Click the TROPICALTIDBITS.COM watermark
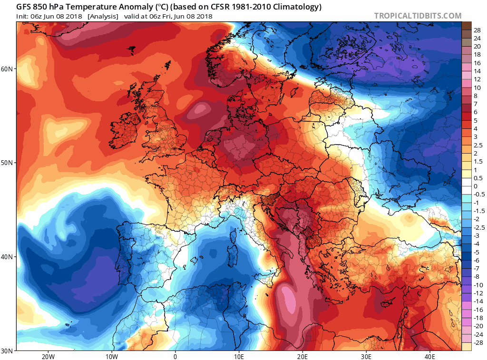pyautogui.click(x=418, y=16)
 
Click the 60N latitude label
pyautogui.click(x=8, y=69)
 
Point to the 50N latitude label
pyautogui.click(x=8, y=163)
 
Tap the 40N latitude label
pyautogui.click(x=8, y=257)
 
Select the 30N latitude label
pyautogui.click(x=8, y=350)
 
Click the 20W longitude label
pyautogui.click(x=48, y=356)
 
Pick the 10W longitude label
pyautogui.click(x=111, y=356)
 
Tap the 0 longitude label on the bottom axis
pyautogui.click(x=175, y=356)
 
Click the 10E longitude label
pyautogui.click(x=239, y=356)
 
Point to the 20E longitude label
pyautogui.click(x=302, y=356)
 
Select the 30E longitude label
pyautogui.click(x=366, y=356)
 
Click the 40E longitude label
pyautogui.click(x=430, y=356)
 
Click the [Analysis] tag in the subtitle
pyautogui.click(x=103, y=16)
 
